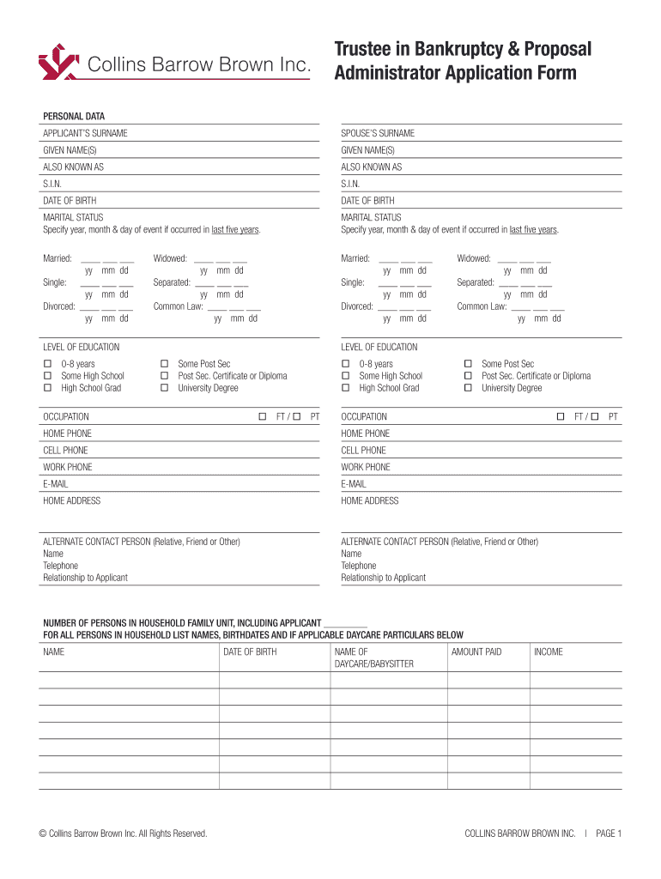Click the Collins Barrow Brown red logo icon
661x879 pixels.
click(59, 62)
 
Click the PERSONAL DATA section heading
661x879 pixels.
click(74, 116)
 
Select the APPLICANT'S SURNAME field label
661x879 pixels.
click(85, 133)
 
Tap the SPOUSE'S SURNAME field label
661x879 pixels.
click(378, 133)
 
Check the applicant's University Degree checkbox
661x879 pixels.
click(165, 388)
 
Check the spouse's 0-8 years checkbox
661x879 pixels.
click(345, 364)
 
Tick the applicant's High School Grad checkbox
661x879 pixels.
click(47, 388)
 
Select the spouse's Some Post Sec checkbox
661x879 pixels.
click(468, 364)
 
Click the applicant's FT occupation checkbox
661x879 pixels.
click(263, 416)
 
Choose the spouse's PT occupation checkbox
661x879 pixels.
click(594, 416)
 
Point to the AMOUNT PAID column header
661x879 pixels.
click(476, 652)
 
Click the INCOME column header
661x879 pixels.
click(549, 652)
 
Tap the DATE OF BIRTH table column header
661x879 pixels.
click(250, 652)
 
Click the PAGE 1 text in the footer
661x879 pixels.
click(608, 833)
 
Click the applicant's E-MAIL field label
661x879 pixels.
click(56, 484)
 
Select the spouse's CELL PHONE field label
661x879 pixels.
click(364, 451)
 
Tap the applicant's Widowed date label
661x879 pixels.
click(170, 258)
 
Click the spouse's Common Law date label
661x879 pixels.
click(482, 306)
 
